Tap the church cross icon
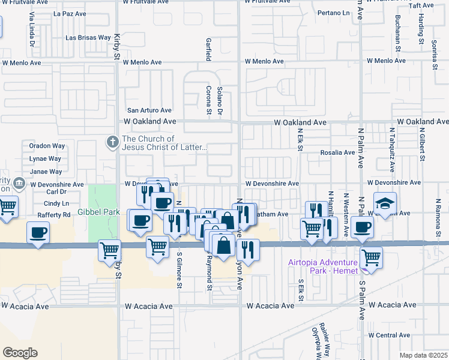(x=112, y=142)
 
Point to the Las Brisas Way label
(x=88, y=38)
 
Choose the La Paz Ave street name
(x=70, y=13)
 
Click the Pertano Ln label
(x=333, y=13)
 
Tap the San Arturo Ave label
(x=149, y=110)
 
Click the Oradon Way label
(x=47, y=146)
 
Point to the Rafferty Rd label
(x=53, y=215)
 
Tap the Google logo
(x=20, y=353)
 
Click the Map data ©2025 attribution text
(x=423, y=355)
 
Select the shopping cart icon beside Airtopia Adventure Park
(x=372, y=257)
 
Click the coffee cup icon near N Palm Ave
(x=363, y=227)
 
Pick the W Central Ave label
(x=388, y=335)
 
